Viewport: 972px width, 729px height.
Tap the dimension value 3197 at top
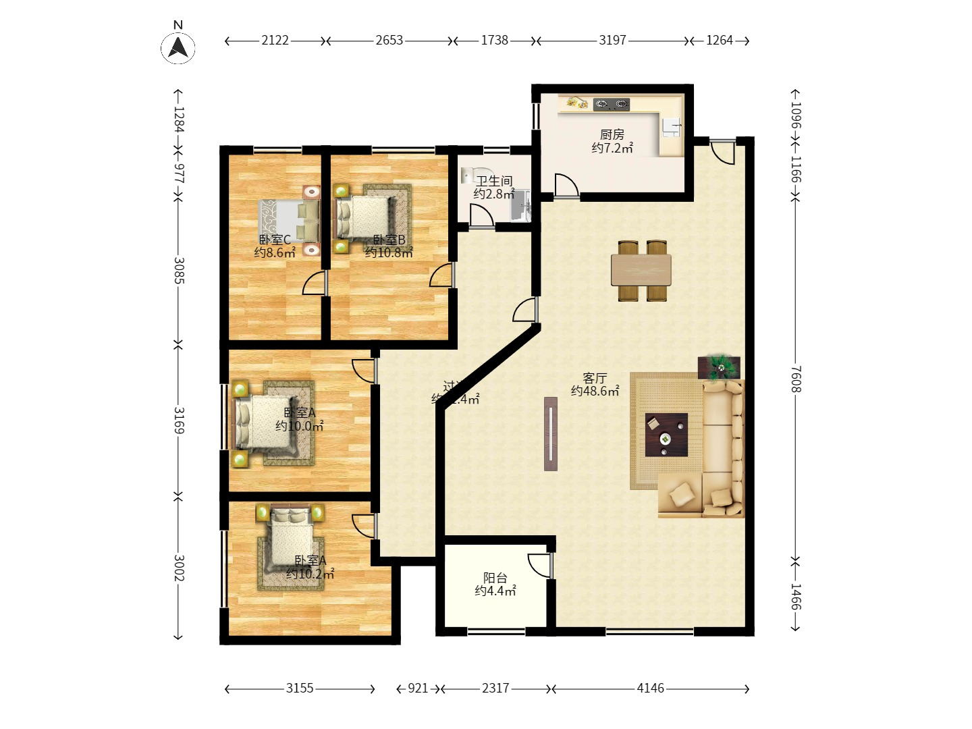coord(612,40)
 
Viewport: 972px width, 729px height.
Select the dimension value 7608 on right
coord(796,379)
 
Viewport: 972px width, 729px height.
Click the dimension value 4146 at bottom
coord(651,688)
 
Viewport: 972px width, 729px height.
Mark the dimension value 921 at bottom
coord(418,688)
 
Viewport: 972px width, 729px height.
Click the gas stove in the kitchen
coord(612,104)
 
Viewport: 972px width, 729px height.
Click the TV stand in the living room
coord(551,433)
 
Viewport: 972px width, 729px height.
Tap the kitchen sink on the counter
coord(672,126)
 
